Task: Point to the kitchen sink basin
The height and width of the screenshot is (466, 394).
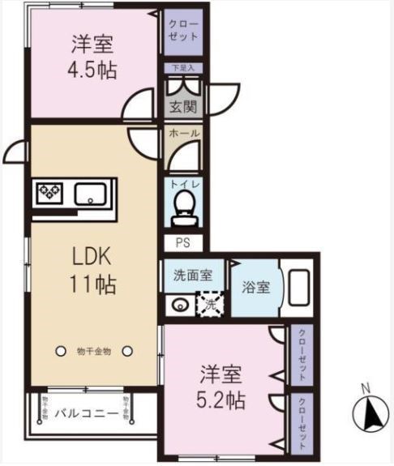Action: point(91,195)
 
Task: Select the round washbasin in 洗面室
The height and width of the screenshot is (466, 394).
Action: point(180,306)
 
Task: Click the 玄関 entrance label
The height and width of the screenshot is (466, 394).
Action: point(183,106)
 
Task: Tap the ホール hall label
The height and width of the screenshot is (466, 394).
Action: point(184,134)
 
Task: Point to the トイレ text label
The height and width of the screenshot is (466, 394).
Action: point(184,184)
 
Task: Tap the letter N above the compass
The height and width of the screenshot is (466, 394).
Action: point(366,387)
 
